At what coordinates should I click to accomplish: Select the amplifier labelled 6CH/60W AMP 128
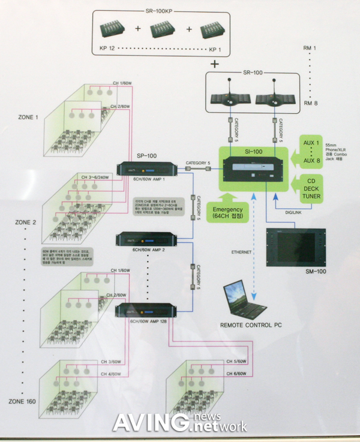point(148,311)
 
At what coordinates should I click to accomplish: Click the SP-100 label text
point(146,155)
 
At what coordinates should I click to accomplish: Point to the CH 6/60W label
point(236,373)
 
